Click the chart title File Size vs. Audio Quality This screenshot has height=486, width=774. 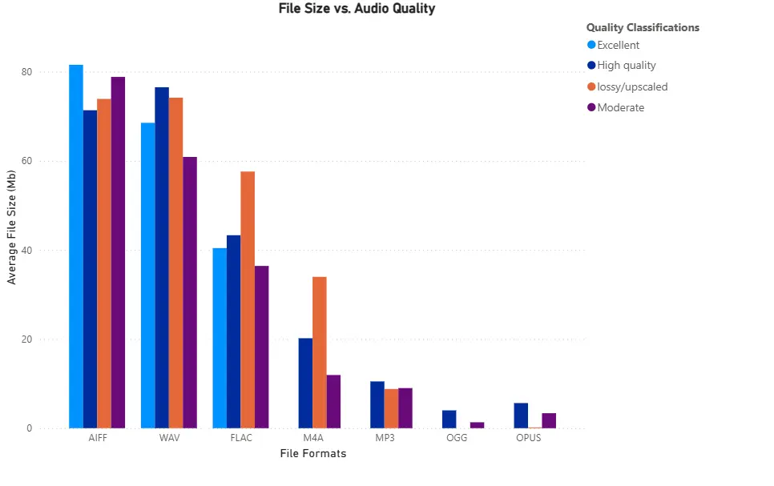pyautogui.click(x=357, y=9)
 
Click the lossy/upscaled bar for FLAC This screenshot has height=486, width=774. pyautogui.click(x=248, y=299)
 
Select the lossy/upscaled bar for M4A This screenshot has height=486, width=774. pyautogui.click(x=320, y=352)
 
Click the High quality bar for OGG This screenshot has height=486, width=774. pyautogui.click(x=449, y=419)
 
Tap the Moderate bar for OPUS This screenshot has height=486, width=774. pyautogui.click(x=549, y=420)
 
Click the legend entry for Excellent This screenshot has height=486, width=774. pyautogui.click(x=618, y=45)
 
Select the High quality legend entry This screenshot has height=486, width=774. pyautogui.click(x=626, y=66)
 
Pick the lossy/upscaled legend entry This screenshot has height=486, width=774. pyautogui.click(x=631, y=86)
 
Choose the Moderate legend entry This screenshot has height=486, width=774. pyautogui.click(x=620, y=107)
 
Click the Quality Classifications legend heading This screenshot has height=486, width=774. pyautogui.click(x=643, y=27)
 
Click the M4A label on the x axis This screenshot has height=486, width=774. pyautogui.click(x=313, y=438)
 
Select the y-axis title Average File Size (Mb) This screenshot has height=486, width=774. pyautogui.click(x=11, y=227)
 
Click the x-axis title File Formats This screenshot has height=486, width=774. pyautogui.click(x=313, y=454)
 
